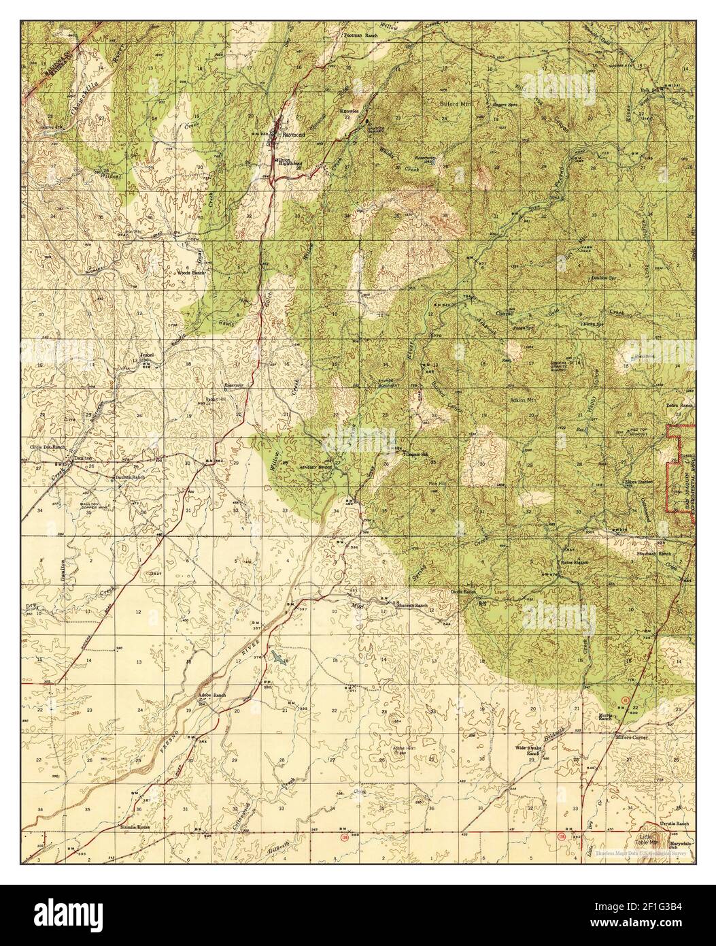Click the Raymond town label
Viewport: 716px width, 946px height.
click(x=294, y=135)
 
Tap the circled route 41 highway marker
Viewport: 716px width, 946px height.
click(x=625, y=700)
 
